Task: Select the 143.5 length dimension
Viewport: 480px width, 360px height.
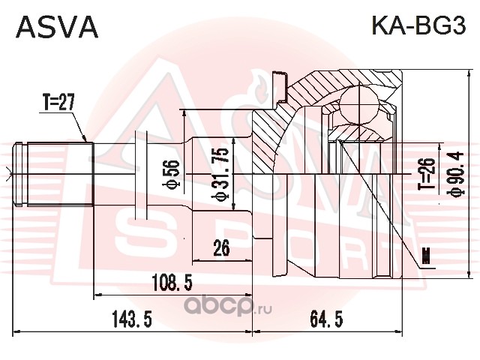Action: coord(133,319)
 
